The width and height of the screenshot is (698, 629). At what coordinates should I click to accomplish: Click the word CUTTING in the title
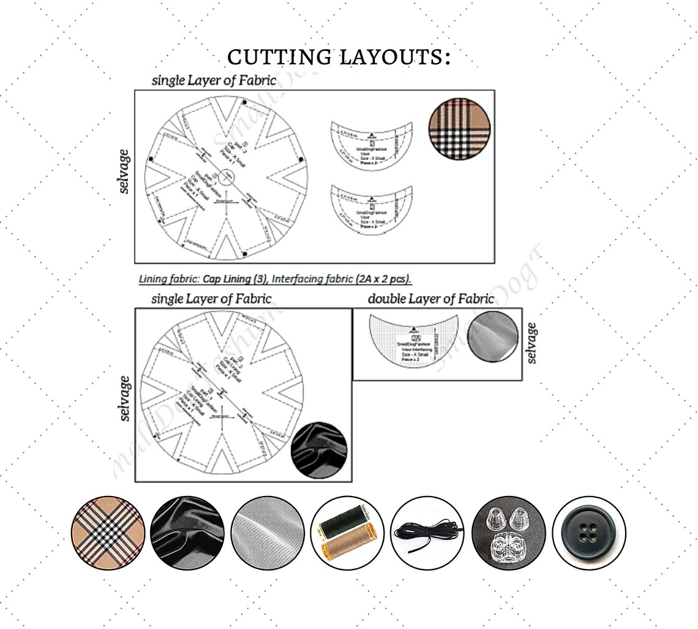tap(279, 57)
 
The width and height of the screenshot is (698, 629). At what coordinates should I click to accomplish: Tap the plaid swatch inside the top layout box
tap(459, 129)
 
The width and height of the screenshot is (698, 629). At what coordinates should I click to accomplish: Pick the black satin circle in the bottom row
tap(187, 532)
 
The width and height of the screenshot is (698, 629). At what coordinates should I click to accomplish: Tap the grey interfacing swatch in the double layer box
tap(492, 337)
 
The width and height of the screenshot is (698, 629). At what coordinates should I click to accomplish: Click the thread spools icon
tap(347, 532)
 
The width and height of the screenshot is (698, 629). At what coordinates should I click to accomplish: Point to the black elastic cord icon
tap(427, 532)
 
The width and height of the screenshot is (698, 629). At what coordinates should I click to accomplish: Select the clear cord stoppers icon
tap(509, 532)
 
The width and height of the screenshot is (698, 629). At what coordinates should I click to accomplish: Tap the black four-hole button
tap(588, 532)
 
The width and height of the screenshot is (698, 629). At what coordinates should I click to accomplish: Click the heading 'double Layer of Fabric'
tap(430, 299)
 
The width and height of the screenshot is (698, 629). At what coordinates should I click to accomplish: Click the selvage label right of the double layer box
tap(531, 343)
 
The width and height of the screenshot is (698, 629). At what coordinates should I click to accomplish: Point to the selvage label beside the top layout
tap(125, 171)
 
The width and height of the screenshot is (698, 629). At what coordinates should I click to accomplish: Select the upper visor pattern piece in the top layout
tap(370, 145)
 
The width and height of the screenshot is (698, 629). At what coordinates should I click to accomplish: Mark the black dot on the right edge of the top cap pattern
tap(301, 159)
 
